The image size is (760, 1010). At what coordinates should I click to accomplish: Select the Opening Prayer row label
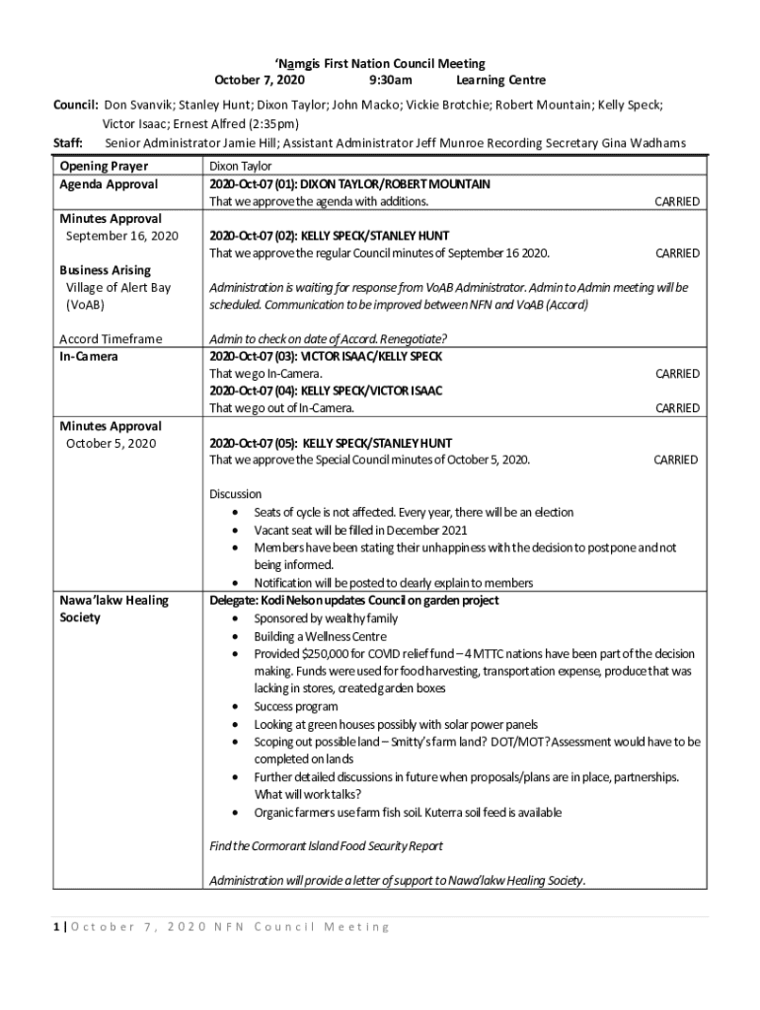pyautogui.click(x=104, y=167)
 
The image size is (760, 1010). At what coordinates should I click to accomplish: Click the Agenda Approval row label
pyautogui.click(x=109, y=184)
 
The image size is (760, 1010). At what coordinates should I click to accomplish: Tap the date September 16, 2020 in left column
pyautogui.click(x=122, y=236)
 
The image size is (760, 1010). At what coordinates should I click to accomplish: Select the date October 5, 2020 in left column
pyautogui.click(x=112, y=443)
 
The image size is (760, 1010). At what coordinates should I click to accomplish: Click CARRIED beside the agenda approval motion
pyautogui.click(x=677, y=201)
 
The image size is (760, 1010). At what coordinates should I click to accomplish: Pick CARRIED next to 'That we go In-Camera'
pyautogui.click(x=677, y=374)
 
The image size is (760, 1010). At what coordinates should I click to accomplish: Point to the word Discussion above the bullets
pyautogui.click(x=235, y=494)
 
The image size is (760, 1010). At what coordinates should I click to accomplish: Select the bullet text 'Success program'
pyautogui.click(x=296, y=706)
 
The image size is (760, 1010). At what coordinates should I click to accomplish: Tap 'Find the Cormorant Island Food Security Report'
pyautogui.click(x=326, y=846)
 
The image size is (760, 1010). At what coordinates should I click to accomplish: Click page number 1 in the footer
pyautogui.click(x=57, y=927)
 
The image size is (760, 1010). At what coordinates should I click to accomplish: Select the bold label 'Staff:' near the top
pyautogui.click(x=67, y=143)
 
